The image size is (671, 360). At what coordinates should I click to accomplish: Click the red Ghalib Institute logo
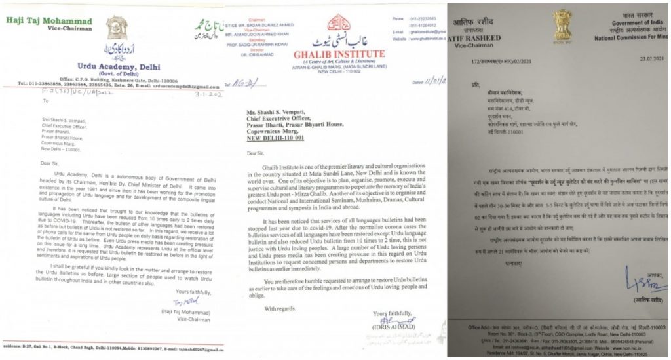click(338, 21)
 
